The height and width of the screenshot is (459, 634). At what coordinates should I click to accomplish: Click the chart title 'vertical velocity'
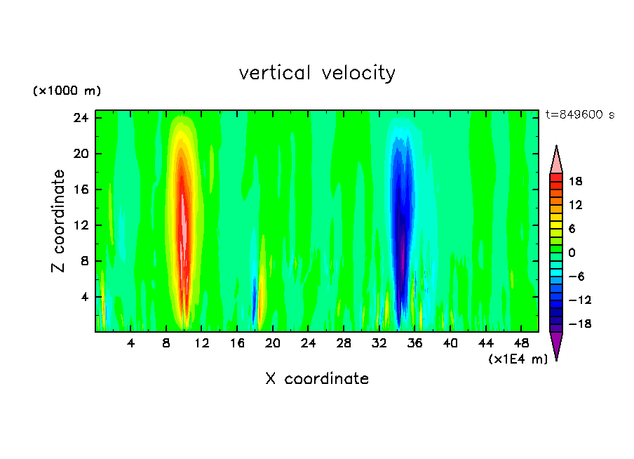[x=317, y=73]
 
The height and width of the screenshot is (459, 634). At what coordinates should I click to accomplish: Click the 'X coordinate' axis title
[x=317, y=379]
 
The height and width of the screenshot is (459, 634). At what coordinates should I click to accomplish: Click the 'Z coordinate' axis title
[x=59, y=221]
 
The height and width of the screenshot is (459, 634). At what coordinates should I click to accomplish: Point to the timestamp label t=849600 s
[x=579, y=115]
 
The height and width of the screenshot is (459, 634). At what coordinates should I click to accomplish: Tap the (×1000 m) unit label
[x=67, y=91]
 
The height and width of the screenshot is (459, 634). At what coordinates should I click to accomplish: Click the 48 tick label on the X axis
[x=520, y=343]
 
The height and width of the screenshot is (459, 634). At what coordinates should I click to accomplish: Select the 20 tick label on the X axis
[x=273, y=343]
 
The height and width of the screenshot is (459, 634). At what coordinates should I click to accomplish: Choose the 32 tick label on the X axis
[x=379, y=343]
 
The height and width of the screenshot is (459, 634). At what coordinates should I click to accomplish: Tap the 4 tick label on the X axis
[x=131, y=343]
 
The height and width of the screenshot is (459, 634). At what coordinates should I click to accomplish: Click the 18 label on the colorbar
[x=575, y=181]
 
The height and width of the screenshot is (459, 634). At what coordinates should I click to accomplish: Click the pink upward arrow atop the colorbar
[x=556, y=160]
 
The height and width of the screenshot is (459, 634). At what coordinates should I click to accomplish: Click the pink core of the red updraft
[x=184, y=225]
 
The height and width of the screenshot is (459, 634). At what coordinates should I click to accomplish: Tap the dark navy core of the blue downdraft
[x=401, y=225]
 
